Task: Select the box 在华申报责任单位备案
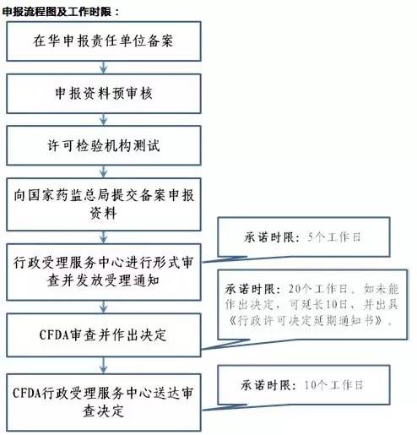pos(104,41)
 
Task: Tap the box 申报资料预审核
pos(104,94)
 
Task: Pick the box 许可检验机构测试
pos(104,145)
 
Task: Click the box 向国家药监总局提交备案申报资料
pos(104,204)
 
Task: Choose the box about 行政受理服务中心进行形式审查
pos(104,272)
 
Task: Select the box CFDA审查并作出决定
pos(104,335)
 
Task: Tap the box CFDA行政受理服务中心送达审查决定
pos(104,402)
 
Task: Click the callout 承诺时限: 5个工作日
pos(304,237)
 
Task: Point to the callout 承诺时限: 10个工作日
pos(304,385)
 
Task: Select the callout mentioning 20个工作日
pos(312,304)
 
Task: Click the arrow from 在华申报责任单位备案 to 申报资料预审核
pos(104,68)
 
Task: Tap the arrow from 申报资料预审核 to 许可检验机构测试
pos(104,120)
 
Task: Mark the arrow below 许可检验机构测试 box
pos(104,171)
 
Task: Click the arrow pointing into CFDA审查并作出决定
pos(104,307)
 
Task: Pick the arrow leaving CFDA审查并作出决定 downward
pos(104,366)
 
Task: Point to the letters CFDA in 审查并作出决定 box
pos(54,335)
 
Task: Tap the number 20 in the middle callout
pos(295,289)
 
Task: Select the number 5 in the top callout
pos(310,237)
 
